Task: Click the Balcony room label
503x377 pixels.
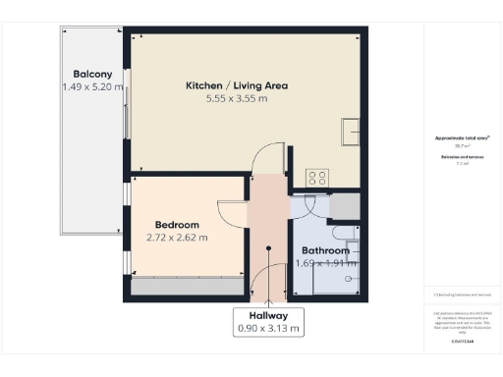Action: tap(92, 74)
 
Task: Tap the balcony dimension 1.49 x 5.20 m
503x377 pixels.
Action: tap(92, 87)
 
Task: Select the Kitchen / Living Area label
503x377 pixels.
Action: tap(237, 85)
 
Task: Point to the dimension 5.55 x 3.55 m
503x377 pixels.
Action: tap(237, 99)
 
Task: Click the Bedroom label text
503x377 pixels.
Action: tap(178, 225)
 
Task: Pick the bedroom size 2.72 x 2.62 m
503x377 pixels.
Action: tap(178, 238)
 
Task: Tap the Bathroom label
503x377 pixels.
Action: tap(325, 250)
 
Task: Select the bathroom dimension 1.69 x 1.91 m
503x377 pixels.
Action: tap(325, 263)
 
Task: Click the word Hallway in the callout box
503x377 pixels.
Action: tap(268, 315)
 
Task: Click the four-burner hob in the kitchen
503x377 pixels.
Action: tap(317, 178)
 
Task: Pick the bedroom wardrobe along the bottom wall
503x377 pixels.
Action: tap(187, 287)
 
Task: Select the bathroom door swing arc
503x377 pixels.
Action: tap(307, 208)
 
